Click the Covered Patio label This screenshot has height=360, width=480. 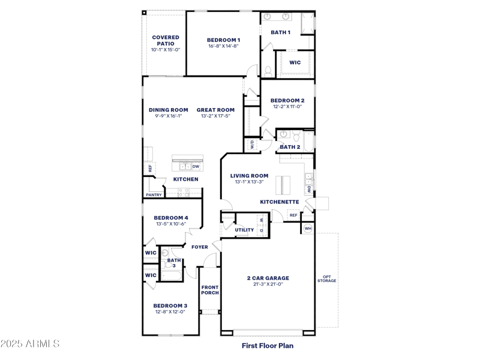tap(165, 40)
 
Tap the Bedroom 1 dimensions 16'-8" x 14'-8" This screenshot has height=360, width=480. tap(223, 46)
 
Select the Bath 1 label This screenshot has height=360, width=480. tap(280, 32)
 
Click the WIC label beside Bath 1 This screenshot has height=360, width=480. tap(295, 62)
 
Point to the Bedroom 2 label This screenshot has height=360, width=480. tap(287, 100)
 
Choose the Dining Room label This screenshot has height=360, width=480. tap(168, 110)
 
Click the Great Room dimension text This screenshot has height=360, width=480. tap(215, 116)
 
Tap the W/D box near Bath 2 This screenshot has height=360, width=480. tap(252, 145)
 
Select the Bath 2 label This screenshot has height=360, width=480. tap(290, 147)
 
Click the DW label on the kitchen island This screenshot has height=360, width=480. tap(196, 166)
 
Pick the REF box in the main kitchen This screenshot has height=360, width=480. tap(150, 169)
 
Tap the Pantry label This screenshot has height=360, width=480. tap(154, 194)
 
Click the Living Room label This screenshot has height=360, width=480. tap(249, 176)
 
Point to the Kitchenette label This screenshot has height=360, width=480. tap(279, 202)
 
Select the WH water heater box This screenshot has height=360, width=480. tap(308, 228)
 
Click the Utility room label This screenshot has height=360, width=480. tap(244, 230)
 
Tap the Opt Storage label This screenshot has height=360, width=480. tap(327, 279)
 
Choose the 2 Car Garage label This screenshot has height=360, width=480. tap(268, 278)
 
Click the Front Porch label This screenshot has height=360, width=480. tap(210, 290)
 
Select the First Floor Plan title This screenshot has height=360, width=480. tap(268, 346)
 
